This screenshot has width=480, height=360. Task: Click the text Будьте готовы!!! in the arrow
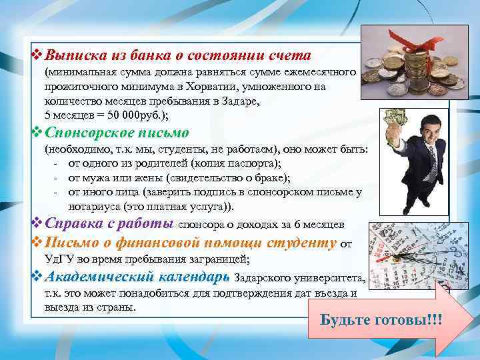click(x=381, y=319)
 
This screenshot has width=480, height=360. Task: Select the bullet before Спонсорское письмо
click(x=37, y=133)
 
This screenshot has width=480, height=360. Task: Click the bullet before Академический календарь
click(x=37, y=276)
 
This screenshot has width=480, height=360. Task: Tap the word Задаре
click(x=245, y=101)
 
